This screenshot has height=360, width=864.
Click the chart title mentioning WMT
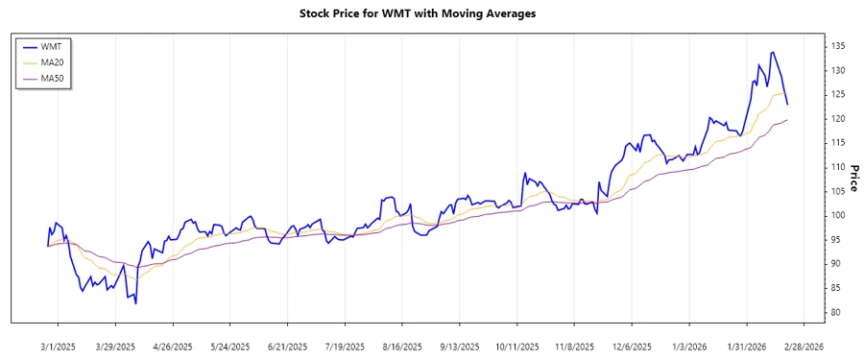(x=431, y=13)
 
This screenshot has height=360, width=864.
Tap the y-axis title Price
(x=853, y=179)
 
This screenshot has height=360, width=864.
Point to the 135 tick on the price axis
(x=838, y=46)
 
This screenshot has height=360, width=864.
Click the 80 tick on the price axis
(x=836, y=312)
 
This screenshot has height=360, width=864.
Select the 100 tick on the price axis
(x=838, y=215)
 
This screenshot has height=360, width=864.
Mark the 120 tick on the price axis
(x=838, y=119)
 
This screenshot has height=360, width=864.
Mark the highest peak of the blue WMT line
(x=774, y=52)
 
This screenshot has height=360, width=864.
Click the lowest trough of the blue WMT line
(x=135, y=303)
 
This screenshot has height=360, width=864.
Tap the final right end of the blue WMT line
(x=787, y=104)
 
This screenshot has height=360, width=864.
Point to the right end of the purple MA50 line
(x=787, y=120)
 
